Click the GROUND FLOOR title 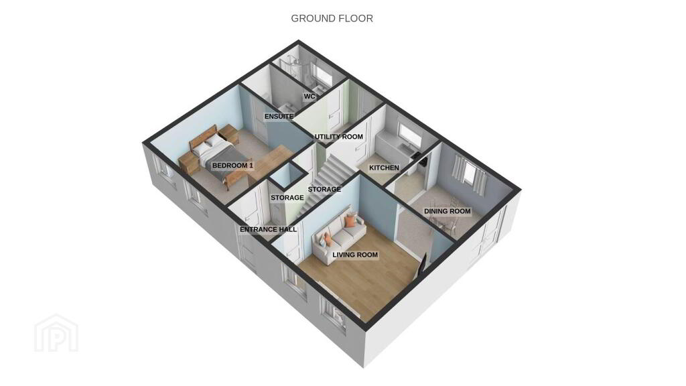point(332,18)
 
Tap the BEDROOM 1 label point(232,166)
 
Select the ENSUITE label point(279,117)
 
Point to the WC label point(310,96)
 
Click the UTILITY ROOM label point(338,137)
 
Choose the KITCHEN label point(384,168)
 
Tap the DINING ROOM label point(447,211)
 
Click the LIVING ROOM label point(355,255)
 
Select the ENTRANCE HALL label point(268,229)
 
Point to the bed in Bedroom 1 point(214,155)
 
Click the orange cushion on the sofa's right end point(350,221)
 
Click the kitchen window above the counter point(409,134)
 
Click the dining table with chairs point(444,219)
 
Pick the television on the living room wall point(422,265)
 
